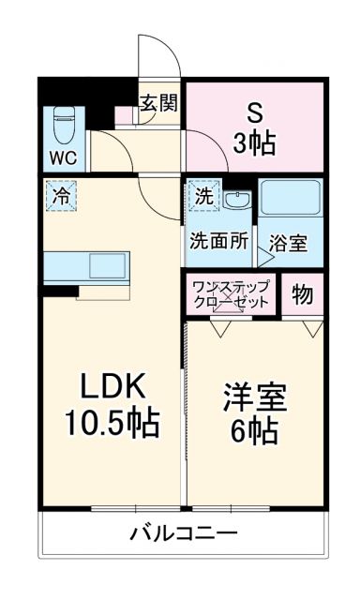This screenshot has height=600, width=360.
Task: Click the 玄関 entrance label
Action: coord(158,103)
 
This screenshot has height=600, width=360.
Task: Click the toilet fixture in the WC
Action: coord(63,123)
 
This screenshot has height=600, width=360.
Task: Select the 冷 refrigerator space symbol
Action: coord(60,197)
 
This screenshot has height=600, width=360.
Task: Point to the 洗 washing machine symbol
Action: coord(204,197)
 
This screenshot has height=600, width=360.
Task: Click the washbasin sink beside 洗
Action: coord(239,199)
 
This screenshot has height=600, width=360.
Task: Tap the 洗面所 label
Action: coord(219,240)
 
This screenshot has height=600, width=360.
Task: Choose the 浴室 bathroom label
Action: coord(288,242)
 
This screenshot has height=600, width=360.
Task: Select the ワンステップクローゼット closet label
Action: coord(232,294)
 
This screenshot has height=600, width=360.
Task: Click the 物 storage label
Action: coord(302,294)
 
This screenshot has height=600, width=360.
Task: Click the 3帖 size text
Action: coord(254,143)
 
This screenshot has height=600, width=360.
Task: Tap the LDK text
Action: coord(111,384)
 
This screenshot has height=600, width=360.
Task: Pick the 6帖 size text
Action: coord(254,431)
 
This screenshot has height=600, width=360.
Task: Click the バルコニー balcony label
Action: coord(184,535)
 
